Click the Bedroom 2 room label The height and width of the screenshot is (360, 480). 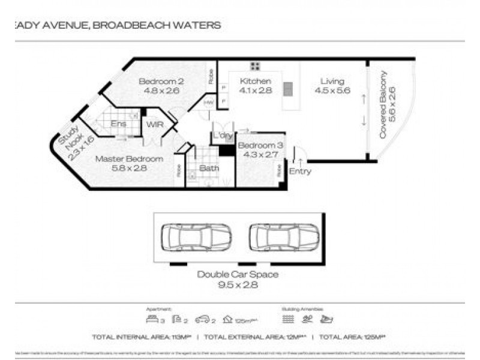coord(154,82)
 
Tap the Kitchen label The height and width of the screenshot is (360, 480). coord(256,82)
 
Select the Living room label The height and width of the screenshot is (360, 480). coord(332,82)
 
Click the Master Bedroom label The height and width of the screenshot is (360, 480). coord(130,159)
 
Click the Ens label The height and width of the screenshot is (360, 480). coord(118,124)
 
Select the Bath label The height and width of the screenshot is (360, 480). coord(209,169)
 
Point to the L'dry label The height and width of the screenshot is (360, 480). coord(223,137)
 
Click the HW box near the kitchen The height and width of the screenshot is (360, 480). coord(209,103)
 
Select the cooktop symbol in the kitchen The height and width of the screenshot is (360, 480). coord(254,66)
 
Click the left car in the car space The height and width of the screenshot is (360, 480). coord(197,237)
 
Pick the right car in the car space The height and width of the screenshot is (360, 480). coord(284,237)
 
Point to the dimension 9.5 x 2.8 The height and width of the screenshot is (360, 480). coord(238,285)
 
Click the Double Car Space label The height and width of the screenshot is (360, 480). coord(238,275)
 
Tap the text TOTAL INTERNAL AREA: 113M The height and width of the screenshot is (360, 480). coord(142,337)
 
